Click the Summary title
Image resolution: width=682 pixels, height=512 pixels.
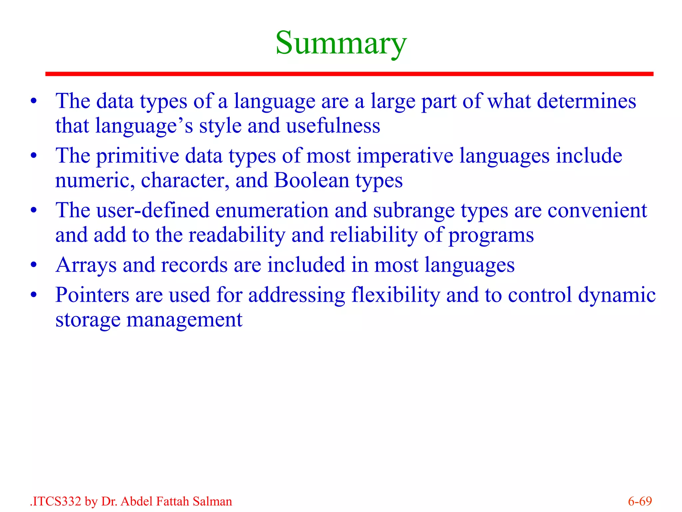pos(341,43)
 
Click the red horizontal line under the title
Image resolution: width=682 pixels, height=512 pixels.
pos(349,74)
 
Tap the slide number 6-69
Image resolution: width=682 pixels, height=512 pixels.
pos(640,501)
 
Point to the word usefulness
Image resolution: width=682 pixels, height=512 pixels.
pos(333,126)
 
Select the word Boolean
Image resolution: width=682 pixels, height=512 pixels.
pos(312,180)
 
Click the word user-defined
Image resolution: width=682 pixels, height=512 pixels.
pos(153,210)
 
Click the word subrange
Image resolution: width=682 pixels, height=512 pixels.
pos(414,211)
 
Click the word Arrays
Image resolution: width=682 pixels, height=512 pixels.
pos(86,265)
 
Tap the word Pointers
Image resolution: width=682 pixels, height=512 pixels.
pos(92,295)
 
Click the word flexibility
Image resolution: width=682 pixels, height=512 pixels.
pos(396,295)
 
